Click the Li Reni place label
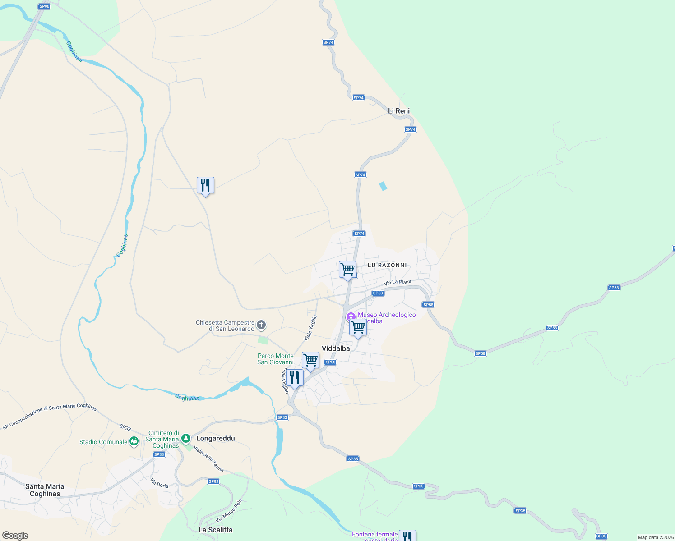coord(399,111)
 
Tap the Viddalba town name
coord(336,348)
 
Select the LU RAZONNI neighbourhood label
coord(387,265)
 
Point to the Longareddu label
coord(216,438)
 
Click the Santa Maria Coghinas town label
coord(45,490)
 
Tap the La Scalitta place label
coord(216,530)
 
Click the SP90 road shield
coord(44,6)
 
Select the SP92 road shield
coord(213,481)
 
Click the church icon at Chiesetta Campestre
coord(261,325)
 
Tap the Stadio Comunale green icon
coord(134,442)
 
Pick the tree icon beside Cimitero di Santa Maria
coord(185,438)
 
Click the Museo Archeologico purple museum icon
coord(351,317)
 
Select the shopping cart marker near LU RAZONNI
coord(347,270)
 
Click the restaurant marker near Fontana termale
coord(407,536)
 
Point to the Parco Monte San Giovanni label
coord(275,359)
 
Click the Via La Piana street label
coord(398,283)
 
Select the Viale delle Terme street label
coord(208,458)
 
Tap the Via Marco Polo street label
coord(229,511)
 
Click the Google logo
coord(15,536)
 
